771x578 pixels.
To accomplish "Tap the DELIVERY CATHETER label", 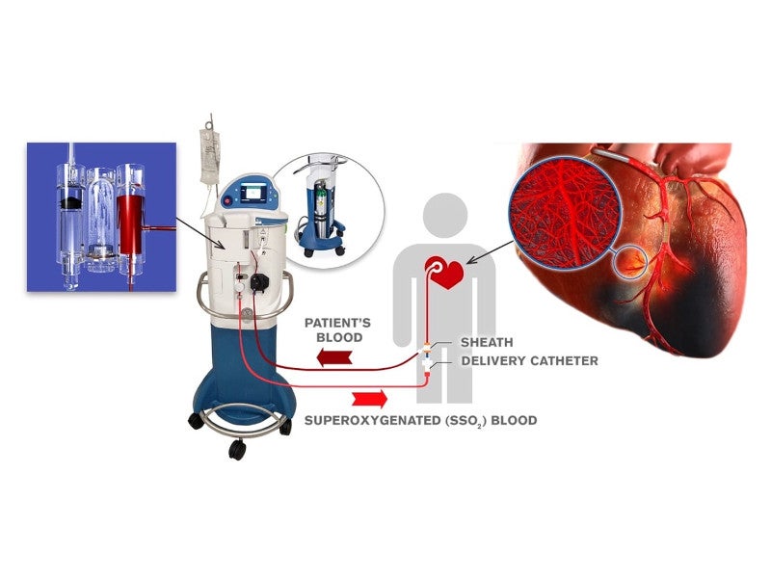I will pos(529,361).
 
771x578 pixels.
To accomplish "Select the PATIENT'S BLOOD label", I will pos(334,329).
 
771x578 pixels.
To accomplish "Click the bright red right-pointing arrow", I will pos(370,397).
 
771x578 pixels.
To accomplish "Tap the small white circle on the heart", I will pos(633,260).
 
